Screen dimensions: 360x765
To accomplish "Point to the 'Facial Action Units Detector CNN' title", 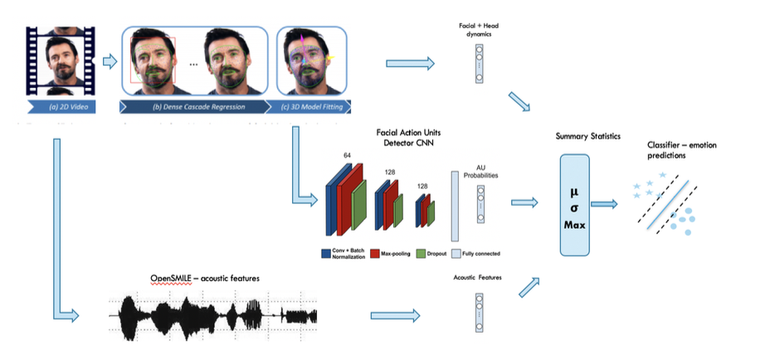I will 387,138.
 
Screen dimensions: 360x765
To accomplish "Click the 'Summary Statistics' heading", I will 575,134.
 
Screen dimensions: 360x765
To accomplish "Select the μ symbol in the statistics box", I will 573,190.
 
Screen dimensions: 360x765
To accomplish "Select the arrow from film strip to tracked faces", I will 109,60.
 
